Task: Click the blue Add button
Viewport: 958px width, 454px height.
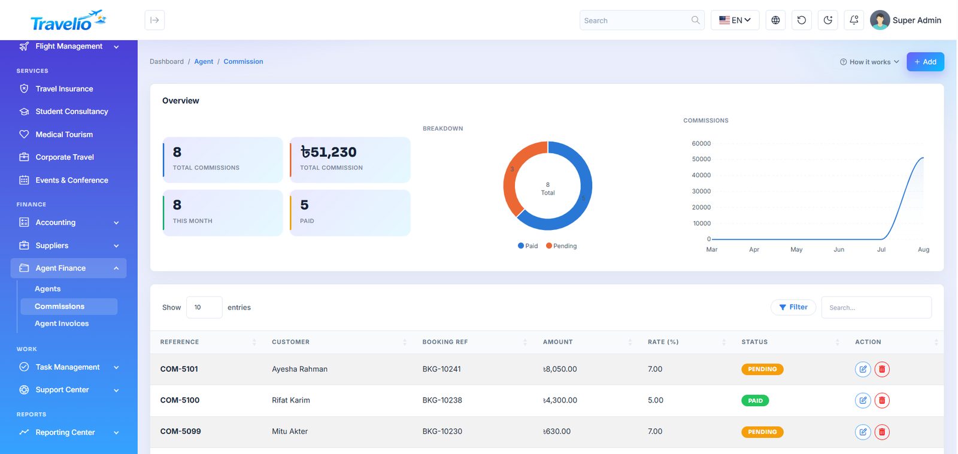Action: pos(925,62)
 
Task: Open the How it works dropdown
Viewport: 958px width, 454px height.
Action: pos(869,62)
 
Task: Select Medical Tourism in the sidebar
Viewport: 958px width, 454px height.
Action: pos(64,134)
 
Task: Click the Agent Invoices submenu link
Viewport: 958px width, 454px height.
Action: pos(62,323)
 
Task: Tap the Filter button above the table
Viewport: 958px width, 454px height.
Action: pos(793,307)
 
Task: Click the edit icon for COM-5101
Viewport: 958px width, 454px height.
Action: pos(863,370)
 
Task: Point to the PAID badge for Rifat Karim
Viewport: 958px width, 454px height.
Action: pos(755,401)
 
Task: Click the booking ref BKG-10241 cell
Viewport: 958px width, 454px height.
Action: pos(441,369)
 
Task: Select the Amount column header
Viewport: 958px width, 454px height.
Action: pos(557,342)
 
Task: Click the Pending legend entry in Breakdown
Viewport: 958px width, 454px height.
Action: pos(561,246)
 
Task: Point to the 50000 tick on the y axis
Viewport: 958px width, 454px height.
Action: pos(701,159)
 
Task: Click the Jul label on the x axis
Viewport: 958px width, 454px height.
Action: pos(881,250)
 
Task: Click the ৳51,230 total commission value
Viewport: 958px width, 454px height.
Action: pos(328,152)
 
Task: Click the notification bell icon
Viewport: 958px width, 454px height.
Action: pos(854,20)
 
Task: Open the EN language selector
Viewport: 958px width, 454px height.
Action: pos(735,20)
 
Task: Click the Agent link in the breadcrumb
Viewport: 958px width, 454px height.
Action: pos(204,62)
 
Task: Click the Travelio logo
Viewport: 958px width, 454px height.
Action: pos(68,20)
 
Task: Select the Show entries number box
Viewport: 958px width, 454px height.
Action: pos(204,307)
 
